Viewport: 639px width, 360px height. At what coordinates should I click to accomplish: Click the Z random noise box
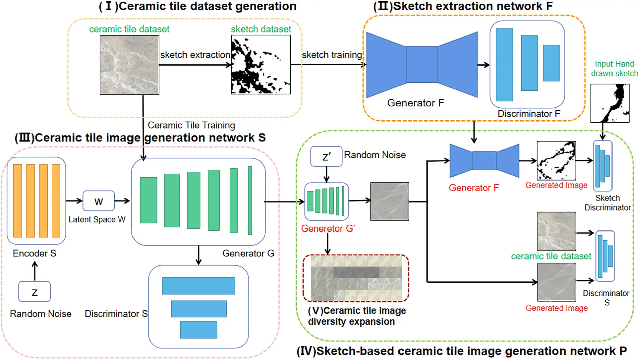tap(35, 292)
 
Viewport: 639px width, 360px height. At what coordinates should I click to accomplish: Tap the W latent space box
tap(98, 201)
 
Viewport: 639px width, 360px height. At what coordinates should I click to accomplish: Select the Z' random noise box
tap(326, 156)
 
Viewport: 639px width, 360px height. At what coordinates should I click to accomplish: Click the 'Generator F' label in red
tap(474, 188)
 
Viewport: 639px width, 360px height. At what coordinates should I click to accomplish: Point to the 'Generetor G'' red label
tap(328, 228)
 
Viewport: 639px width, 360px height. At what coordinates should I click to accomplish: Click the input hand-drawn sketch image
tap(609, 103)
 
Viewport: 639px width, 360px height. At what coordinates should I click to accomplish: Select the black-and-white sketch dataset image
tap(261, 65)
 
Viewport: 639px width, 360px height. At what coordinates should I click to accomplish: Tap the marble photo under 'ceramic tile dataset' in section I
tap(129, 65)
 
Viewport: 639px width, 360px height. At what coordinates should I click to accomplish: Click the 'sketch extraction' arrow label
tap(195, 55)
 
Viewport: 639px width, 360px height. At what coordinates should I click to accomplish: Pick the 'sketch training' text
tap(331, 55)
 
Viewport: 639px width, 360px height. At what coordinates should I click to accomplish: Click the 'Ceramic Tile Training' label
tap(191, 125)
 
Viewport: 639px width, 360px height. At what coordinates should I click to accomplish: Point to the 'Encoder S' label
tap(35, 253)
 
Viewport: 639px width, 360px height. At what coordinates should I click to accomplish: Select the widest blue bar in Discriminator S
tap(199, 286)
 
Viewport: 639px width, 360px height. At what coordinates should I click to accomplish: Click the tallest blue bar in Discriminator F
tap(504, 65)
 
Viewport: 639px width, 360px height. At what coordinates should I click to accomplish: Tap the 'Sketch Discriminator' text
tap(607, 203)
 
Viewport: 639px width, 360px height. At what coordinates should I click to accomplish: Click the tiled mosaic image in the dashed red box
tap(356, 278)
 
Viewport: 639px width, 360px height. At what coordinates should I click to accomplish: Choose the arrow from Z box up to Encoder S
tap(35, 271)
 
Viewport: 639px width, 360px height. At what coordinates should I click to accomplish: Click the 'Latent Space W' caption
tap(97, 219)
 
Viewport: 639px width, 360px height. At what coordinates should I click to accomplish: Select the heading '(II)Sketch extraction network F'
tap(463, 6)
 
